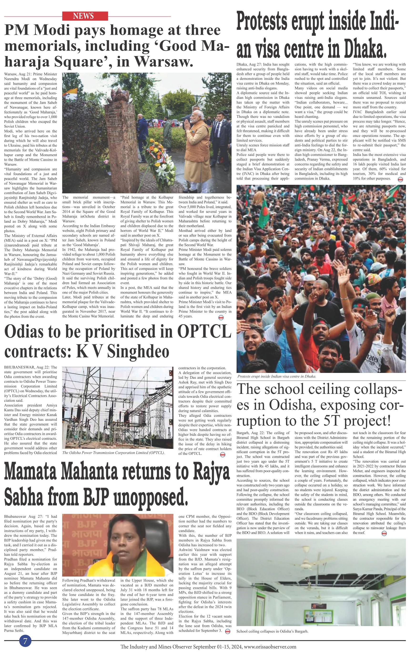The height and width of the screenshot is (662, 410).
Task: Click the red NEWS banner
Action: tap(85, 16)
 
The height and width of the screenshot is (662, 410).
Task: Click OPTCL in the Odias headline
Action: tap(204, 331)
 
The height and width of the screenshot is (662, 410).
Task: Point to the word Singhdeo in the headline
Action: tap(138, 351)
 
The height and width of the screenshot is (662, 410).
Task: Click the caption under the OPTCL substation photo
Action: tap(113, 452)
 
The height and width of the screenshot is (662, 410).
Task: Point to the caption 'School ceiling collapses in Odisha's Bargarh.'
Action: tap(272, 631)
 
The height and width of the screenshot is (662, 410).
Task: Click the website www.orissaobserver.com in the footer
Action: tap(270, 647)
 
